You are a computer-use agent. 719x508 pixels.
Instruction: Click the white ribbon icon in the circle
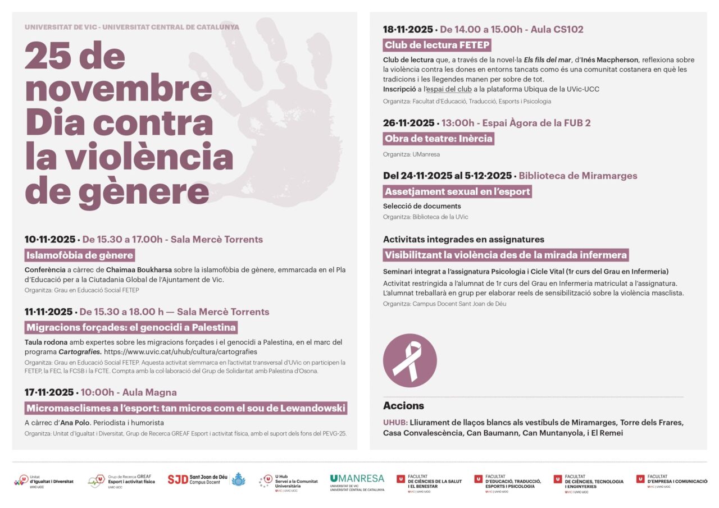pyautogui.click(x=409, y=360)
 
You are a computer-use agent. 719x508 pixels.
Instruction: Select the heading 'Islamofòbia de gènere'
pyautogui.click(x=80, y=256)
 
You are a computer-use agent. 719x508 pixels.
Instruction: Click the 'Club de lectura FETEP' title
pyautogui.click(x=437, y=45)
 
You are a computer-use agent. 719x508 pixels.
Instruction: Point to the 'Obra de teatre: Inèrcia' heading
pyautogui.click(x=438, y=139)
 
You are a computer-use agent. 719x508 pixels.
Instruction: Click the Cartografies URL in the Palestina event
pyautogui.click(x=180, y=352)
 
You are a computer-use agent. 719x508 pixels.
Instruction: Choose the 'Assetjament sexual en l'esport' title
pyautogui.click(x=457, y=192)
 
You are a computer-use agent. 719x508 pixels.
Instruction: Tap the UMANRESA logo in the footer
pyautogui.click(x=357, y=481)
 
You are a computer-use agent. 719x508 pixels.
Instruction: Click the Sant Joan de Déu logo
pyautogui.click(x=206, y=480)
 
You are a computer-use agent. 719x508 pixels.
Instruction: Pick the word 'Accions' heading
pyautogui.click(x=403, y=406)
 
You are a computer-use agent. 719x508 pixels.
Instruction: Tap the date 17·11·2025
pyautogui.click(x=49, y=392)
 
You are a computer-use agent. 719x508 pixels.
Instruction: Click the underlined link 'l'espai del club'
pyautogui.click(x=448, y=89)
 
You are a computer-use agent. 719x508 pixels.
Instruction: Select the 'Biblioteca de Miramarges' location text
pyautogui.click(x=578, y=176)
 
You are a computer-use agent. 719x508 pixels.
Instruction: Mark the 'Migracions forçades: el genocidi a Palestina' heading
pyautogui.click(x=131, y=328)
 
